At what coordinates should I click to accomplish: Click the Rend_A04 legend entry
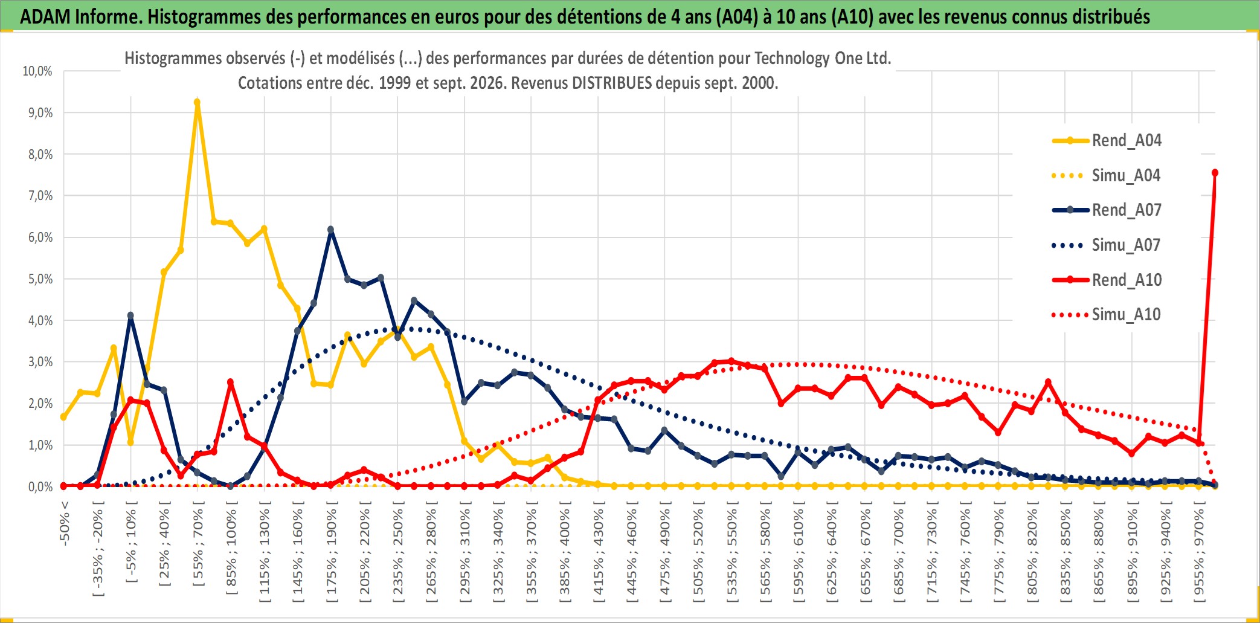point(1107,141)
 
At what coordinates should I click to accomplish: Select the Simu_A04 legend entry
point(1107,176)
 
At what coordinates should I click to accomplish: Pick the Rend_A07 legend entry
point(1107,210)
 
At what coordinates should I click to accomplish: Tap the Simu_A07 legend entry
point(1107,245)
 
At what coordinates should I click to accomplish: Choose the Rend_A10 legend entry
point(1107,280)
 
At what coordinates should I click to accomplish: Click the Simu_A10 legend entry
point(1107,315)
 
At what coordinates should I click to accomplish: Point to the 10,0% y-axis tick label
point(37,71)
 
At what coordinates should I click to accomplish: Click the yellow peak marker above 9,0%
point(197,103)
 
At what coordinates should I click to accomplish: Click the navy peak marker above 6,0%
point(330,230)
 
